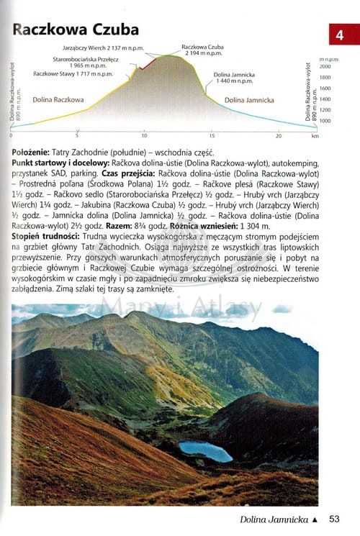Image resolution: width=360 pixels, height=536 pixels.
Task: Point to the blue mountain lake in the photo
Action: (x=206, y=451)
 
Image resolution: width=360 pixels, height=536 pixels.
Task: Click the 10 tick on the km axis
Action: (x=144, y=136)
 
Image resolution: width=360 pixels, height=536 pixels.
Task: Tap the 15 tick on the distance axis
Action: (x=212, y=136)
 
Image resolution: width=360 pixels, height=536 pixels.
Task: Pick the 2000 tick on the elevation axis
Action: (x=325, y=65)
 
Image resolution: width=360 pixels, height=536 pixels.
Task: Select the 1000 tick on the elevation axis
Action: (x=325, y=121)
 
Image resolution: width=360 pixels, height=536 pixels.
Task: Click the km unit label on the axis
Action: (x=315, y=136)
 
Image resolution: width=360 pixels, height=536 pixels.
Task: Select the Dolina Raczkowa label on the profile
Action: (x=58, y=99)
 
